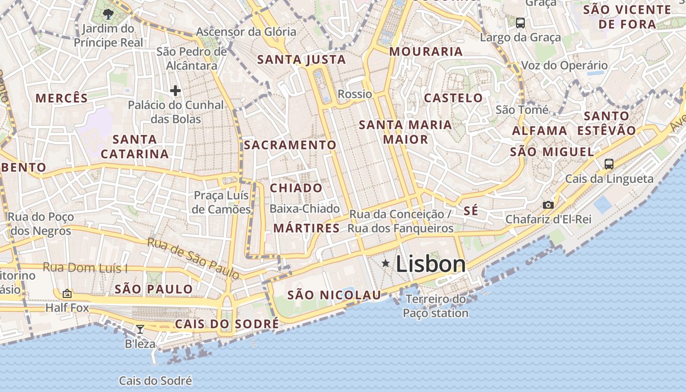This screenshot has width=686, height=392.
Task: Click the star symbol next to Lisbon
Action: (386, 264)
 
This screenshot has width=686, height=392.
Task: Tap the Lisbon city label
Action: (431, 264)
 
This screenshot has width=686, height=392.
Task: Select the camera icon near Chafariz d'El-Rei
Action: (548, 205)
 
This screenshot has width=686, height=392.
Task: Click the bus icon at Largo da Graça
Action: (520, 23)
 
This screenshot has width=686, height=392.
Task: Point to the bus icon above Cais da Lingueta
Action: (609, 164)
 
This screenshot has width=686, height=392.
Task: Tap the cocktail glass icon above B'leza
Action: (140, 329)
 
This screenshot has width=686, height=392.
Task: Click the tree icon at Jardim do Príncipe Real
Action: (108, 14)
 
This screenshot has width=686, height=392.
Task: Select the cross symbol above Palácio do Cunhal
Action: (175, 91)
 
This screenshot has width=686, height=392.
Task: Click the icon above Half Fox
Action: (67, 294)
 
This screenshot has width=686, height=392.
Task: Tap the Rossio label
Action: (355, 94)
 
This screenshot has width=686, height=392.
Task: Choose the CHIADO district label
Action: (296, 188)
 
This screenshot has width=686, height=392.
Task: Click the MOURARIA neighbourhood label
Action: (426, 51)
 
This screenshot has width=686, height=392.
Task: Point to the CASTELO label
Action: (453, 98)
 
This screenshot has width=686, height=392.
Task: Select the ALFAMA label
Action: (539, 131)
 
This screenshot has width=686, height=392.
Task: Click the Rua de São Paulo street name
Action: (194, 258)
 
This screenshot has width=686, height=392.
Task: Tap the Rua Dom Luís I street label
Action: (85, 268)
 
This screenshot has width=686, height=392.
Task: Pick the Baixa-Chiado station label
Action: (305, 209)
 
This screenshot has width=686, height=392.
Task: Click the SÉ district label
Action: (470, 211)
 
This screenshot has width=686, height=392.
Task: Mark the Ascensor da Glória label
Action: (246, 32)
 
